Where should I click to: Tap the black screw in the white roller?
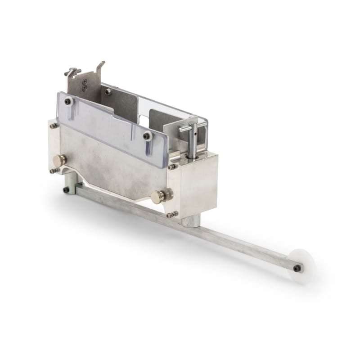point(297,269)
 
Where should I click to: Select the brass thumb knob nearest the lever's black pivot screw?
point(59,160)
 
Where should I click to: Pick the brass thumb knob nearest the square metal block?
point(158,196)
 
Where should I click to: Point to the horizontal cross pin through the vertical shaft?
point(193,128)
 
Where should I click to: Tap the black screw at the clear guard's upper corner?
point(68,102)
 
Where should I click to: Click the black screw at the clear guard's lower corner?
point(147,135)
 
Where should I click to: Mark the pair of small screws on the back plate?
point(85,85)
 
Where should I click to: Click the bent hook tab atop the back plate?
point(101,66)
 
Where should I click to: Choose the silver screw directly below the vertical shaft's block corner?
point(172,167)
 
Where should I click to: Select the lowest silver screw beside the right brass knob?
point(171,215)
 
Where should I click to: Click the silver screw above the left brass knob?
point(54,126)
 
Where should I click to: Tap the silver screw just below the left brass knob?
point(54,171)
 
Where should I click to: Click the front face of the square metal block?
point(198,184)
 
